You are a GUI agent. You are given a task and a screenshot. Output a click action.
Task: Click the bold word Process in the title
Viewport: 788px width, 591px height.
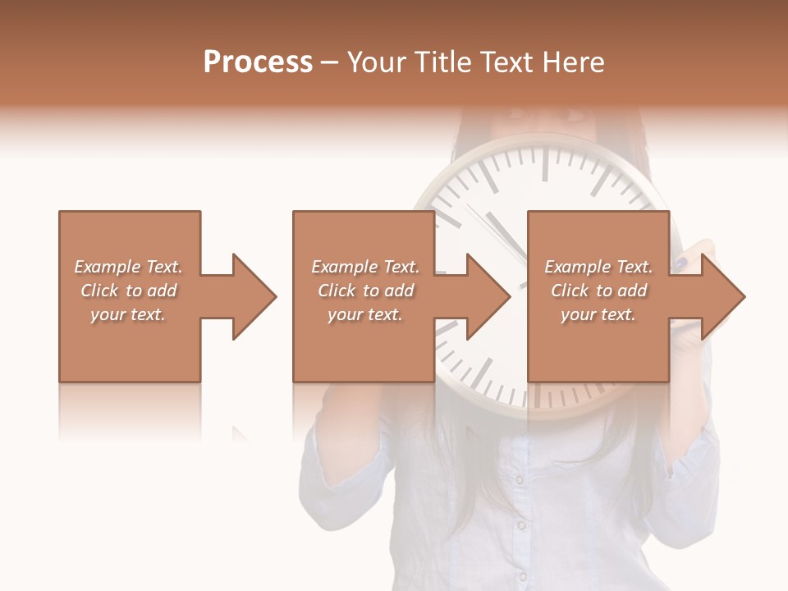pos(258,62)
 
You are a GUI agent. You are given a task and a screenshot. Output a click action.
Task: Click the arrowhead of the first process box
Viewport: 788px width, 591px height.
pos(255,296)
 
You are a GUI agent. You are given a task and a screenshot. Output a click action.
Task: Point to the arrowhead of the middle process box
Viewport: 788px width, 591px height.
pos(489,296)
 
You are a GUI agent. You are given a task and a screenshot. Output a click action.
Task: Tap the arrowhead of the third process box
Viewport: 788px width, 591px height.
pos(724,296)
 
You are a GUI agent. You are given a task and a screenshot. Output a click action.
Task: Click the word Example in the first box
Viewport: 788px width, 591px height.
pos(108,267)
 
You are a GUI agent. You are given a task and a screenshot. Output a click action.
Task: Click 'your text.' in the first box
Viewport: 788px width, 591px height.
pos(128,314)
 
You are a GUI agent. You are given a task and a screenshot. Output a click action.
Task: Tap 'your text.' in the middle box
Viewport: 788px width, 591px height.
pos(364,314)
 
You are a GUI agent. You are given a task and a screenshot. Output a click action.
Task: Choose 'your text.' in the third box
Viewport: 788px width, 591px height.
pos(598,314)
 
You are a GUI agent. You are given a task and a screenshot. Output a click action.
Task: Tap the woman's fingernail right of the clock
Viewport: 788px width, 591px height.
pos(682,263)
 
